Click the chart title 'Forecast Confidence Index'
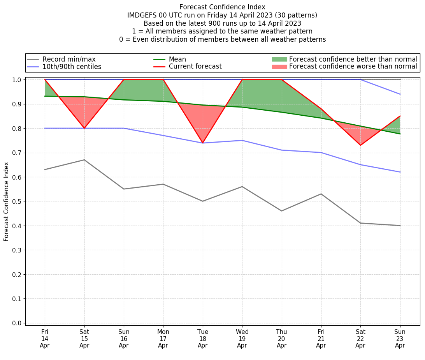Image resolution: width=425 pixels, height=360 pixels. [222, 7]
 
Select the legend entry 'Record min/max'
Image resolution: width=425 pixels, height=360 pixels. [69, 59]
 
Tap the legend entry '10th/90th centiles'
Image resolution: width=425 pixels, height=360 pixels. [72, 67]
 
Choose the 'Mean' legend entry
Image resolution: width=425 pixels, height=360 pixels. [177, 59]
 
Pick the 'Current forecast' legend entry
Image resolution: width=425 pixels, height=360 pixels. [195, 67]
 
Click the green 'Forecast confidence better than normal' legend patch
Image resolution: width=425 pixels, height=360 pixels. [279, 59]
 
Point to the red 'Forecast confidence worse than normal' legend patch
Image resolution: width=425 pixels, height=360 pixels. [279, 67]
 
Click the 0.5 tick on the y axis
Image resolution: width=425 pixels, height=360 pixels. [18, 201]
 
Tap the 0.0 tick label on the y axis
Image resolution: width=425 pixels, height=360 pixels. [18, 323]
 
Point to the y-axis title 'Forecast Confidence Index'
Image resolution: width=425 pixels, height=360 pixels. [6, 201]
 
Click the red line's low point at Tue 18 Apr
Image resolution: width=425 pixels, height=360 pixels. [203, 143]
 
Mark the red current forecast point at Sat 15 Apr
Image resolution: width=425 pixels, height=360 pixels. [84, 128]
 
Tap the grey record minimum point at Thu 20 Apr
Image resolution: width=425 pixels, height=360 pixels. [281, 211]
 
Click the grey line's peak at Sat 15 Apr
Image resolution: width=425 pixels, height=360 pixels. [84, 160]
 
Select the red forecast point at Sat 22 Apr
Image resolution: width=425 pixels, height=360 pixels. [360, 145]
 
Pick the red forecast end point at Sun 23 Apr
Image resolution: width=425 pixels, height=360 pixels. [400, 116]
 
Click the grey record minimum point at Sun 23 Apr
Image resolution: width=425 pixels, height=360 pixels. [400, 226]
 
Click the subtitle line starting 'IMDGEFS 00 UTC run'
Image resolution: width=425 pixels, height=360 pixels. [222, 15]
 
